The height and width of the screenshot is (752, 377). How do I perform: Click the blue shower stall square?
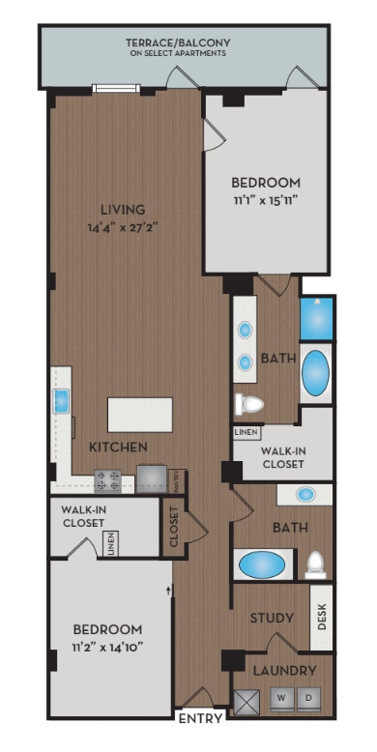click(316, 318)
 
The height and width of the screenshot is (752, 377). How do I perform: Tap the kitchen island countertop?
click(140, 414)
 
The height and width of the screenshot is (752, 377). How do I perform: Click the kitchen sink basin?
click(60, 400)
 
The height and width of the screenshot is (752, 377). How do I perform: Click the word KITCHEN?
click(118, 447)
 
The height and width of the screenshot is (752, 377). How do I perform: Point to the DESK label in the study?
click(322, 617)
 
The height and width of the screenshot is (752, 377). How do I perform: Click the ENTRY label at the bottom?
click(201, 718)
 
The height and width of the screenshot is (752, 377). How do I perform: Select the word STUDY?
click(272, 618)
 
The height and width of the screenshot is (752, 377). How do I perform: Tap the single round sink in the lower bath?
click(305, 495)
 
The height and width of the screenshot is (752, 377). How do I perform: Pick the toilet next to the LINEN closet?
click(248, 402)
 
